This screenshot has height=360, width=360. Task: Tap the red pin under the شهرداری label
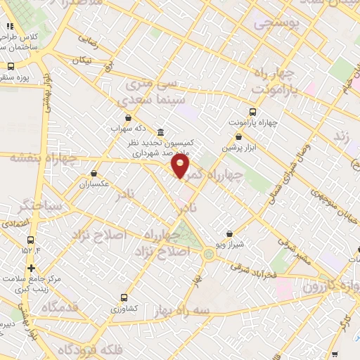pos(181,167)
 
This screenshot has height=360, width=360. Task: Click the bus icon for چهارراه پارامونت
pos(253,112)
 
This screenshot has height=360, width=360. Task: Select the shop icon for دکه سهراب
pos(127,118)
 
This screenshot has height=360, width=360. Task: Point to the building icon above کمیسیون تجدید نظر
pos(161,132)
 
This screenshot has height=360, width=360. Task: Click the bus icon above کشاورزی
pos(124,297)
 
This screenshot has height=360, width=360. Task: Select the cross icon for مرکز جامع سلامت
pos(31,268)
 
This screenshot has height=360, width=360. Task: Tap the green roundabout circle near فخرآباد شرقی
pos(209,254)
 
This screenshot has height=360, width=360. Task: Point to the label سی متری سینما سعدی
pos(149,92)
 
